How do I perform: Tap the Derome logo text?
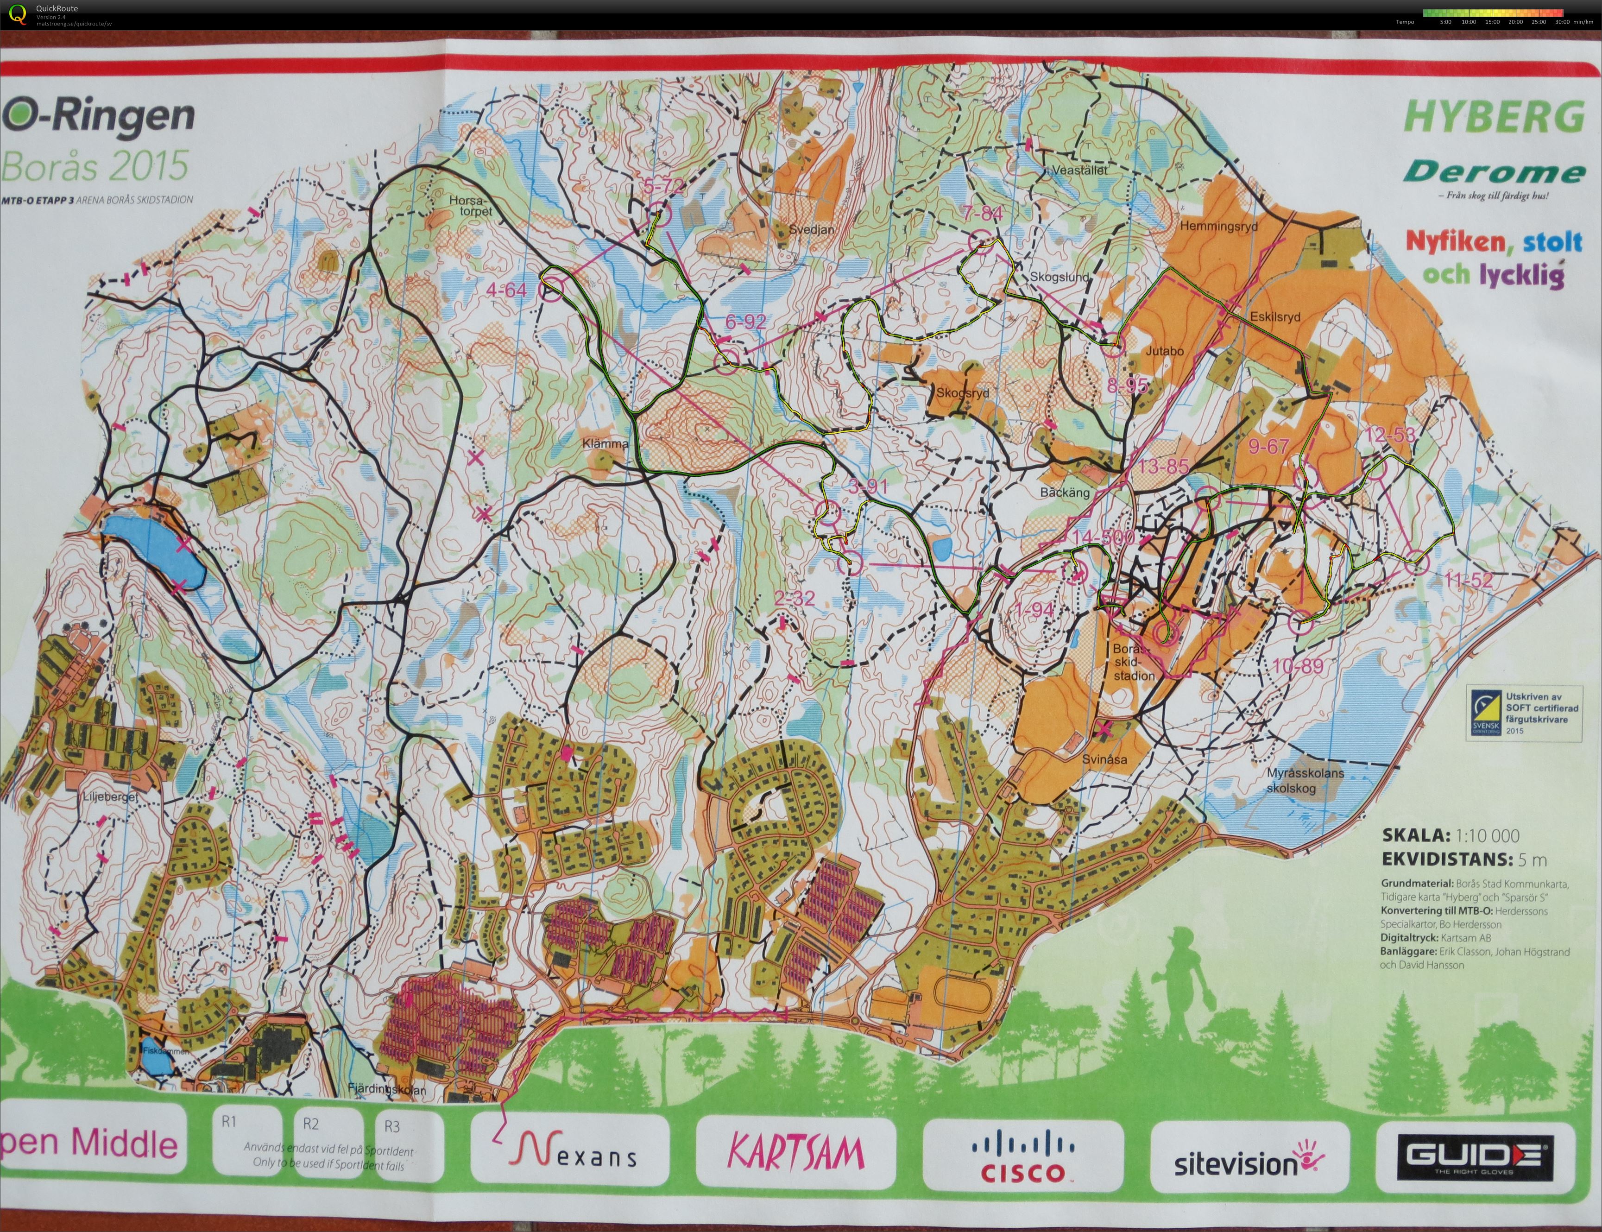click(x=1494, y=173)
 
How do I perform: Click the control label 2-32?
click(x=794, y=599)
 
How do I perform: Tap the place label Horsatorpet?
click(x=471, y=205)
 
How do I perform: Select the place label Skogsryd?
click(x=962, y=393)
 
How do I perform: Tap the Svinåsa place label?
click(x=1104, y=760)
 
